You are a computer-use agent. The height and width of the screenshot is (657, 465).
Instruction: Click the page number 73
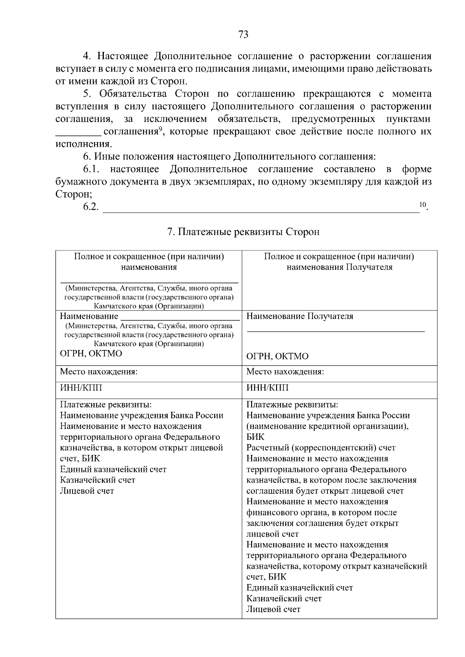pyautogui.click(x=243, y=35)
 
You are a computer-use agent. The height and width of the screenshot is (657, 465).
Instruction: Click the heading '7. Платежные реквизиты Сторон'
pyautogui.click(x=243, y=232)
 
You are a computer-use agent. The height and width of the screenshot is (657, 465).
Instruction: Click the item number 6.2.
pyautogui.click(x=91, y=207)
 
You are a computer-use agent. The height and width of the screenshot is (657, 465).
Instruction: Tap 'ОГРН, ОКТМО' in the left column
pyautogui.click(x=91, y=353)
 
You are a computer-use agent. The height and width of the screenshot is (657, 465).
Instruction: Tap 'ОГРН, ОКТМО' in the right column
pyautogui.click(x=277, y=356)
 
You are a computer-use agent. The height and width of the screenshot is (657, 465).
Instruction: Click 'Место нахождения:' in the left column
pyautogui.click(x=99, y=372)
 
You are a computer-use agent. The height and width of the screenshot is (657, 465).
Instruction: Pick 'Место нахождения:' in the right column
pyautogui.click(x=285, y=372)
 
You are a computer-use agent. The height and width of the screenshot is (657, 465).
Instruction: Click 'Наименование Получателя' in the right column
pyautogui.click(x=300, y=316)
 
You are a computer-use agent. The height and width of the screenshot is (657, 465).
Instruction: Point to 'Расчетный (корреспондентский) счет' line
pyautogui.click(x=321, y=448)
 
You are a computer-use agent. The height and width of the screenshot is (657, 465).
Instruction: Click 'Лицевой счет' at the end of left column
pyautogui.click(x=87, y=491)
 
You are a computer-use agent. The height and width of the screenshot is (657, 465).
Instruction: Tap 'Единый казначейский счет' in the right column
pyautogui.click(x=300, y=588)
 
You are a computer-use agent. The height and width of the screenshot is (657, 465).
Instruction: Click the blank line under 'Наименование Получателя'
pyautogui.click(x=336, y=331)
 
